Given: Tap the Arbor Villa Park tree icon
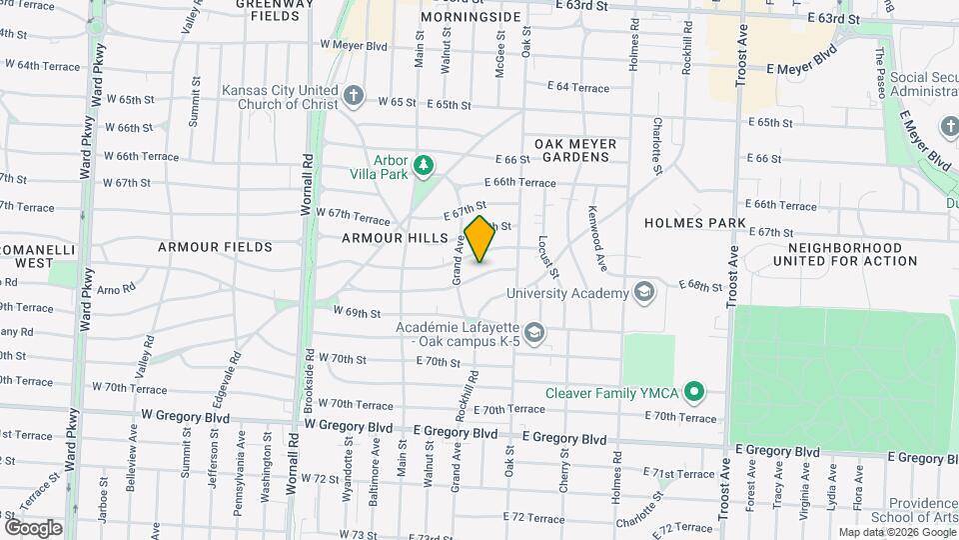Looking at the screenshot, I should pyautogui.click(x=425, y=164).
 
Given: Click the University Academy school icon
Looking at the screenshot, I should pyautogui.click(x=643, y=293).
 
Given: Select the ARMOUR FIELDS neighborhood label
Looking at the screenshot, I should pyautogui.click(x=215, y=246).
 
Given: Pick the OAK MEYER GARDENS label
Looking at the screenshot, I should pyautogui.click(x=574, y=150).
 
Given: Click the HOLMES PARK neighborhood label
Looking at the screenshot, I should pyautogui.click(x=695, y=222).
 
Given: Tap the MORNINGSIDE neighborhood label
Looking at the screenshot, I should pyautogui.click(x=471, y=18).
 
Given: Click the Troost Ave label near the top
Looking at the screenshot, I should pyautogui.click(x=741, y=60).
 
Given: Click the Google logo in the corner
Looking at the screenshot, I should pyautogui.click(x=33, y=527).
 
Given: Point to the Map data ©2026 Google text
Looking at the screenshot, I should pyautogui.click(x=895, y=532).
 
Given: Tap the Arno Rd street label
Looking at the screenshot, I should pyautogui.click(x=116, y=290).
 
